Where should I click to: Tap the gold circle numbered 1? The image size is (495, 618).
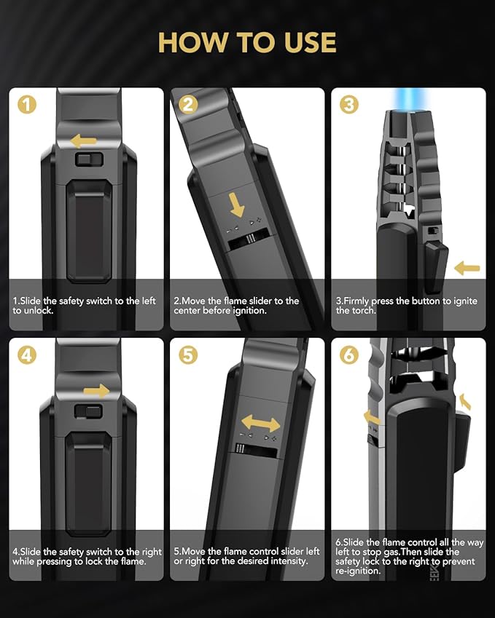tap(27, 105)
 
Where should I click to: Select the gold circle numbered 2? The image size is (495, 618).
tap(188, 105)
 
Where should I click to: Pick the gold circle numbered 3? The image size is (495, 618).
tap(349, 105)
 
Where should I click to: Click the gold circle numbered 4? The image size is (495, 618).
tap(27, 355)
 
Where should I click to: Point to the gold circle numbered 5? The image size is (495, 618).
tap(188, 355)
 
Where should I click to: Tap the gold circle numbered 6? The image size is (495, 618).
tap(349, 355)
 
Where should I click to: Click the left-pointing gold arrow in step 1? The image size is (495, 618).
tap(83, 140)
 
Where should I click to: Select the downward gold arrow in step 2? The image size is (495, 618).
tap(237, 205)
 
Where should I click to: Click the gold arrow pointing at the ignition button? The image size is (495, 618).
tap(467, 269)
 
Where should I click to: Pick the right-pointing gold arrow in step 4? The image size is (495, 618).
tap(96, 391)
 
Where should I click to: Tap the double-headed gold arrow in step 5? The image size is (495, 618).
tap(260, 424)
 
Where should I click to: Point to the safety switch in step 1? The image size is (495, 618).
tap(89, 159)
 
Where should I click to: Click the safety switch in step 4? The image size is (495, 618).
tap(88, 412)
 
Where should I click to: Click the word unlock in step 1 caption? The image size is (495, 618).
tap(39, 311)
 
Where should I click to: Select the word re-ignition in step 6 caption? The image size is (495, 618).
tap(358, 571)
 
